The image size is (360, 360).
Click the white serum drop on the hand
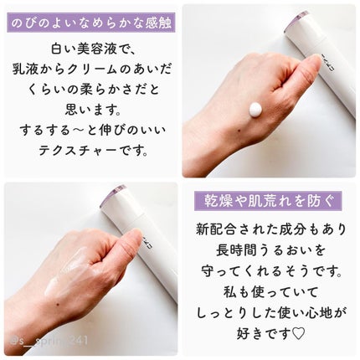(256, 110)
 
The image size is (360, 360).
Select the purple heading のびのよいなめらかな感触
(91, 23)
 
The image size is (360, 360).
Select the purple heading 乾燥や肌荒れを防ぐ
(268, 201)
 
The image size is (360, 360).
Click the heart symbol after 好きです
(298, 333)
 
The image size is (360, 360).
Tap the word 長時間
(237, 250)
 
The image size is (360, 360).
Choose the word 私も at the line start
(237, 292)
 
